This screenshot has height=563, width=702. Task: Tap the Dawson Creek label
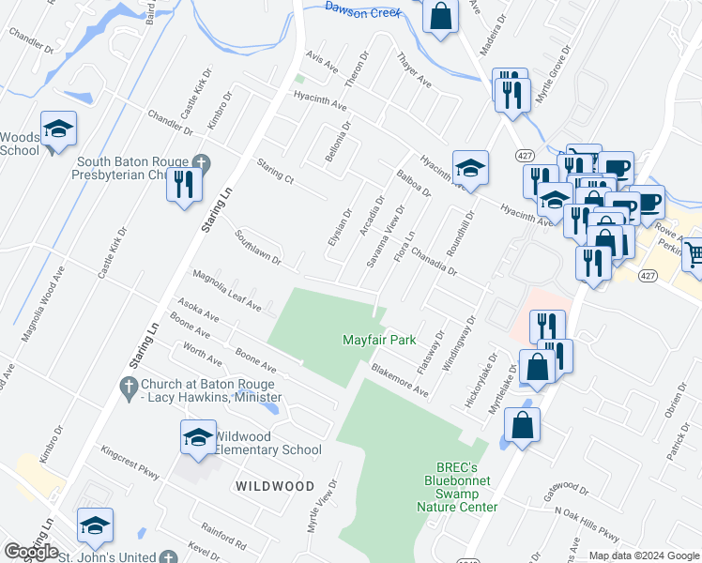coord(362,9)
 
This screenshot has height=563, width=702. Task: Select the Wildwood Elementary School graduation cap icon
coord(198,438)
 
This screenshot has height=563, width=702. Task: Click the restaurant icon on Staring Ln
coord(184,183)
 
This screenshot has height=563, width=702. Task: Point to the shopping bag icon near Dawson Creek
coord(440,16)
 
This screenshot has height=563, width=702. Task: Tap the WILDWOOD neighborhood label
coord(274,486)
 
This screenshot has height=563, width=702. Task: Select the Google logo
coord(31,552)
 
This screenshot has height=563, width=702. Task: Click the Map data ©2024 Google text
coord(644,555)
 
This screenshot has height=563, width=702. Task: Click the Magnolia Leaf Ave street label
coord(227,288)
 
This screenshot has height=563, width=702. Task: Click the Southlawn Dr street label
coord(258,248)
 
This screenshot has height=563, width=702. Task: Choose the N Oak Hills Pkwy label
coord(587,524)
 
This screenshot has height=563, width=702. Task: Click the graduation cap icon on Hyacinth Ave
coord(470,169)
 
